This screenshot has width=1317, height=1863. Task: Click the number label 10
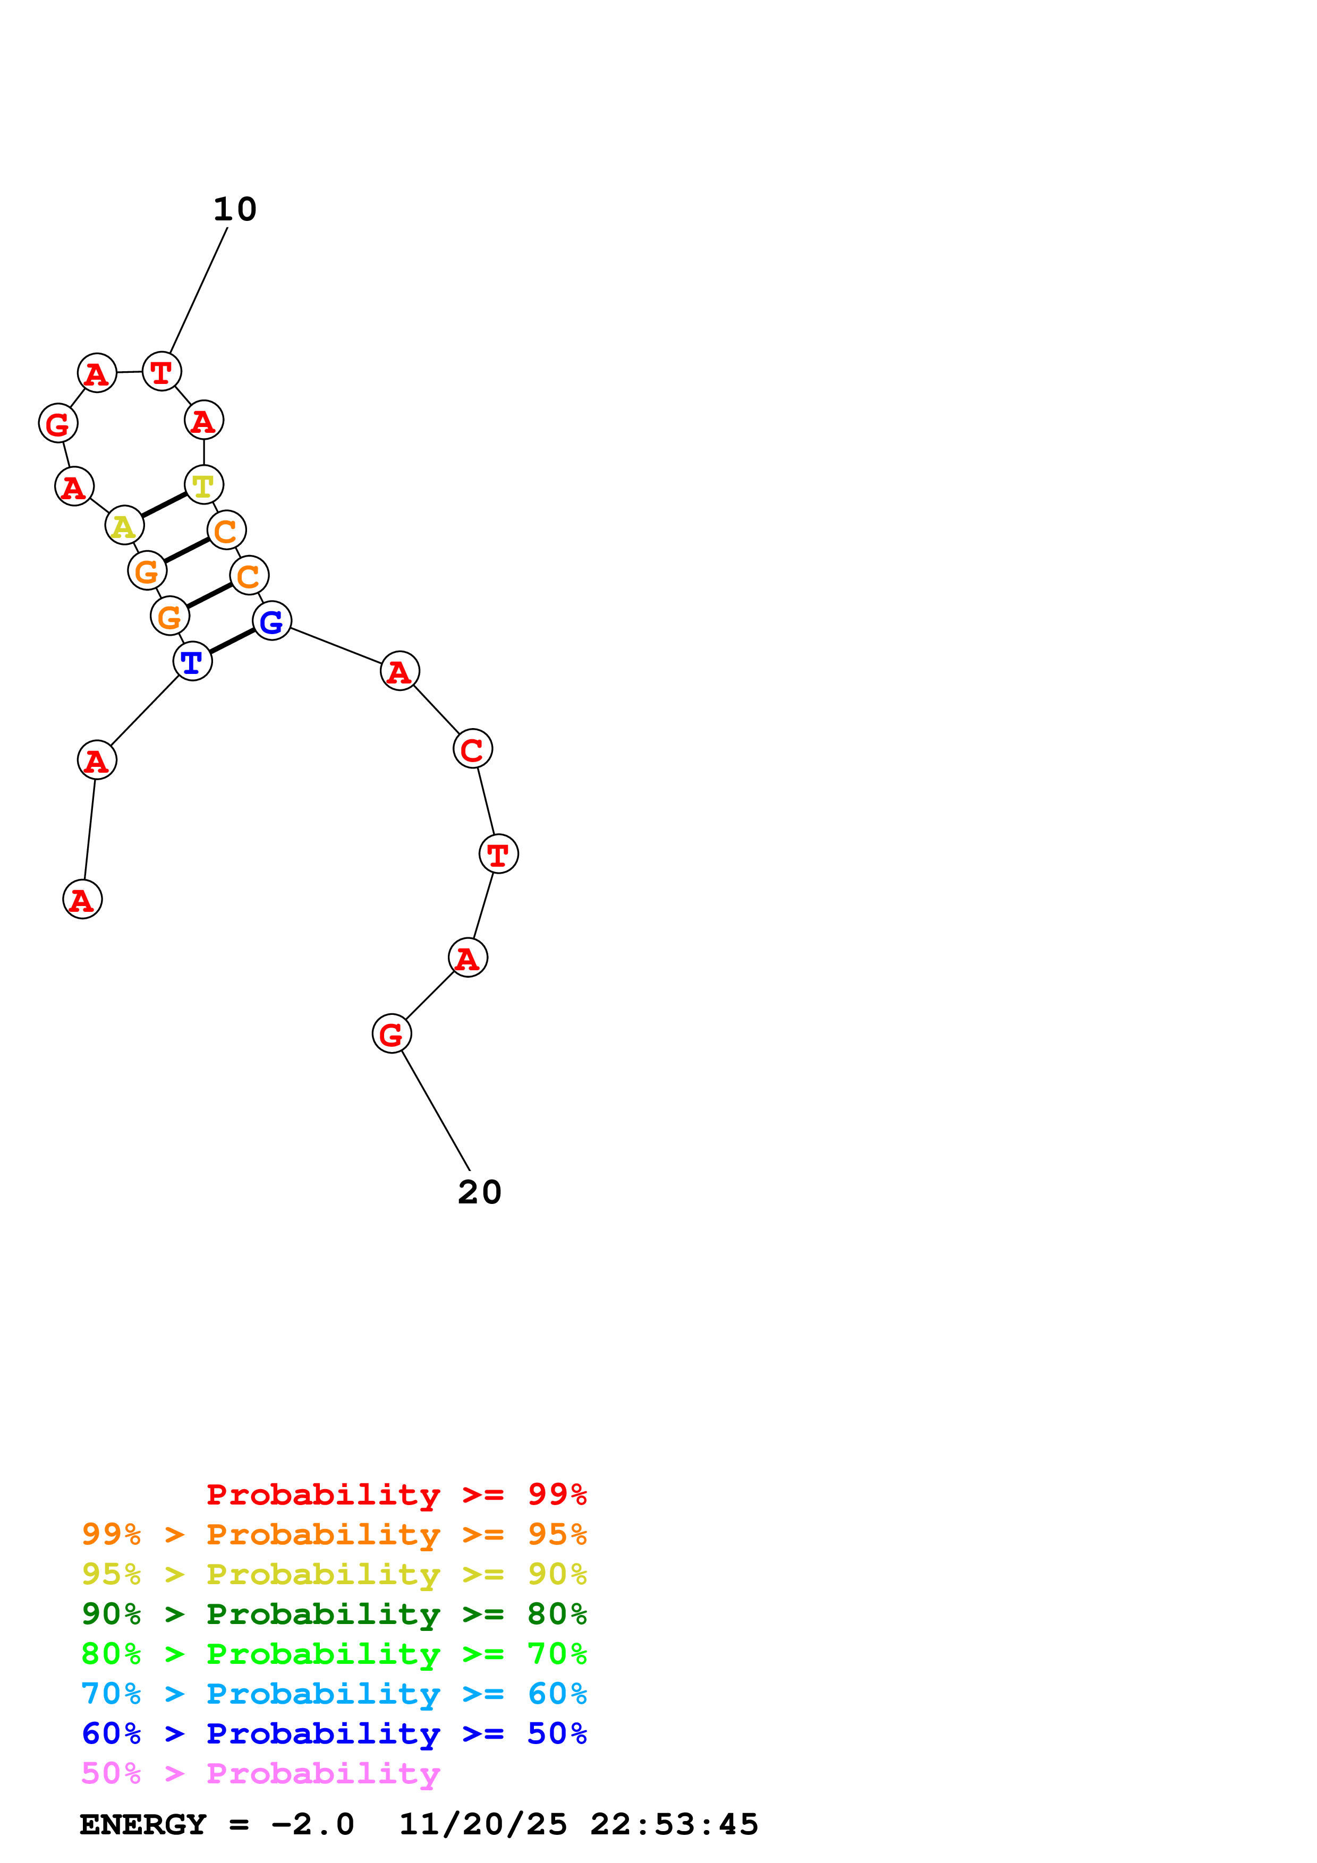pyautogui.click(x=234, y=209)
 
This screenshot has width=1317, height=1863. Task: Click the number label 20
pyautogui.click(x=480, y=1192)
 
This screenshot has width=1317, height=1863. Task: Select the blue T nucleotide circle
pyautogui.click(x=192, y=661)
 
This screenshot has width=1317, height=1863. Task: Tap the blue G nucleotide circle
pyautogui.click(x=272, y=621)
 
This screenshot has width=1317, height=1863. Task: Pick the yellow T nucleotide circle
pyautogui.click(x=203, y=485)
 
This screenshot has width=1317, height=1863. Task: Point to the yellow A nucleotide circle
pyautogui.click(x=124, y=526)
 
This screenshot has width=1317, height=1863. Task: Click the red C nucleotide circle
pyautogui.click(x=472, y=748)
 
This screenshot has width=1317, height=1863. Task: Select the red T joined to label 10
pyautogui.click(x=162, y=372)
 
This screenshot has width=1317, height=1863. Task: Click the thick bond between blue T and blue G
pyautogui.click(x=232, y=641)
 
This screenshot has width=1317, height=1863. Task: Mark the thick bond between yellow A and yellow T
pyautogui.click(x=164, y=505)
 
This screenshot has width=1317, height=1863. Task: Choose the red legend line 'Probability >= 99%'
pyautogui.click(x=396, y=1494)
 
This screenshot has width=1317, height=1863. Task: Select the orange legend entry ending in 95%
pyautogui.click(x=334, y=1534)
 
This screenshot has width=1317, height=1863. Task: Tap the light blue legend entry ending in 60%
pyautogui.click(x=334, y=1694)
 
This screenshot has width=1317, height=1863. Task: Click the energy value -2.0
pyautogui.click(x=312, y=1824)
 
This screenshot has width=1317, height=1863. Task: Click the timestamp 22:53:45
pyautogui.click(x=674, y=1824)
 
